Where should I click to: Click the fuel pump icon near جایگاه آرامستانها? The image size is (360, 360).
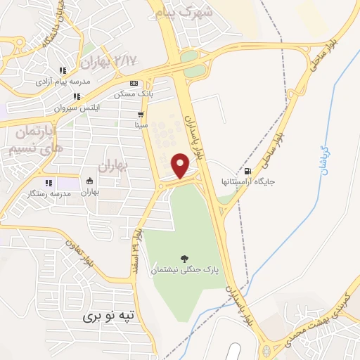tap(247, 171)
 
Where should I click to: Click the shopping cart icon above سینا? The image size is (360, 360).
tap(141, 115)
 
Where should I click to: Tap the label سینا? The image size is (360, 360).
tap(141, 125)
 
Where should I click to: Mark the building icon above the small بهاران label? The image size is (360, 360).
tap(89, 181)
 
